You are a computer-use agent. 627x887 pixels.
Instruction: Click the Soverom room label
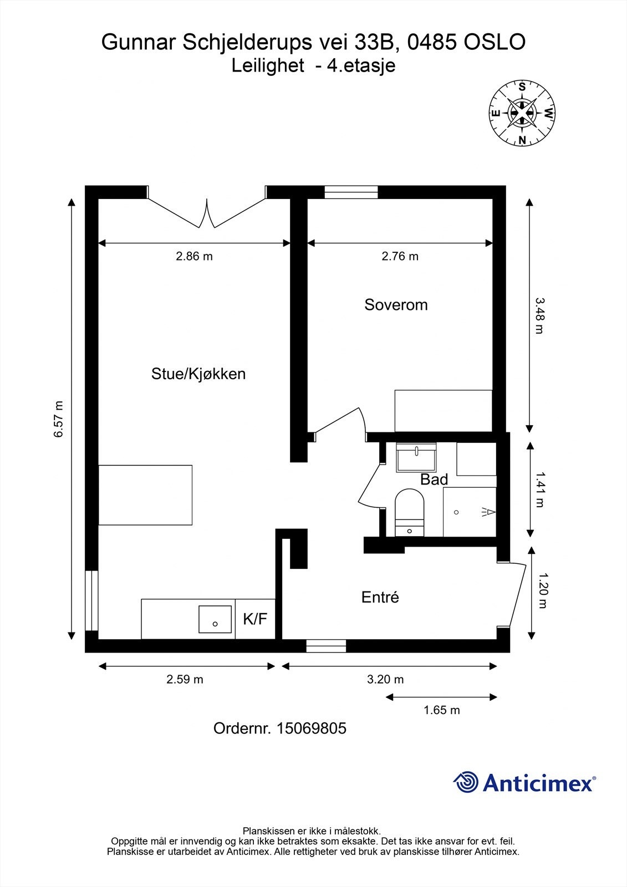point(396,304)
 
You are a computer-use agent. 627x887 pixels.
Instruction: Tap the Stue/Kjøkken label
point(198,374)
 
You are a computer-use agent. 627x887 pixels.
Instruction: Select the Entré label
point(380,597)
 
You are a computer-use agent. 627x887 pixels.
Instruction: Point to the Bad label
point(434,480)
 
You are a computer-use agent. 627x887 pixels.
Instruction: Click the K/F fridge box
point(255,619)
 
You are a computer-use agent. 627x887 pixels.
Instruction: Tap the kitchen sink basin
point(215,619)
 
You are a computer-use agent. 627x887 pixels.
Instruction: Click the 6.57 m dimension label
point(58,419)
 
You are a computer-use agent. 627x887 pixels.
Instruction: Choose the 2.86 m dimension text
point(194,256)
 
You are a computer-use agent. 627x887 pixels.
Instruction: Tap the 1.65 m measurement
point(442,710)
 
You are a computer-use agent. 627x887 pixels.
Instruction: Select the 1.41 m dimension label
point(539,490)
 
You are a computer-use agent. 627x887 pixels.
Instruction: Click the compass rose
point(522,113)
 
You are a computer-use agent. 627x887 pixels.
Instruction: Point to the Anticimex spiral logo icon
point(466,782)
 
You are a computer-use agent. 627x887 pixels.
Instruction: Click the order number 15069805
point(311,728)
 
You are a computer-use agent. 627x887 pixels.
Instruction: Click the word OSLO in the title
point(495,42)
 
